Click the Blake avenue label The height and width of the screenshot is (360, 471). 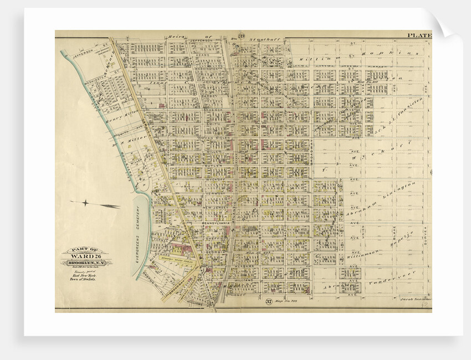395,229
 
